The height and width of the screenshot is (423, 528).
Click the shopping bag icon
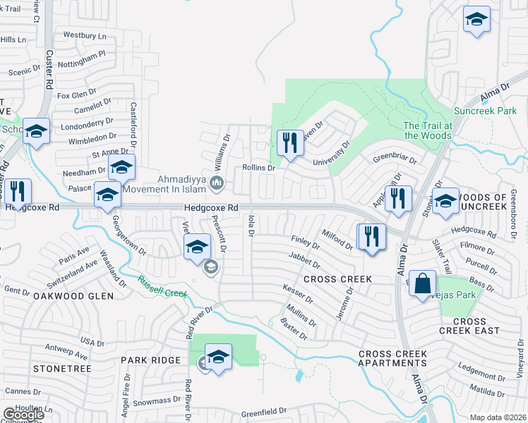422,284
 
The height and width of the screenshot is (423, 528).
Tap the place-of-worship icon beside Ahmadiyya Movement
217,184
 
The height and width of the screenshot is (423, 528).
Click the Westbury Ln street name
84,35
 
